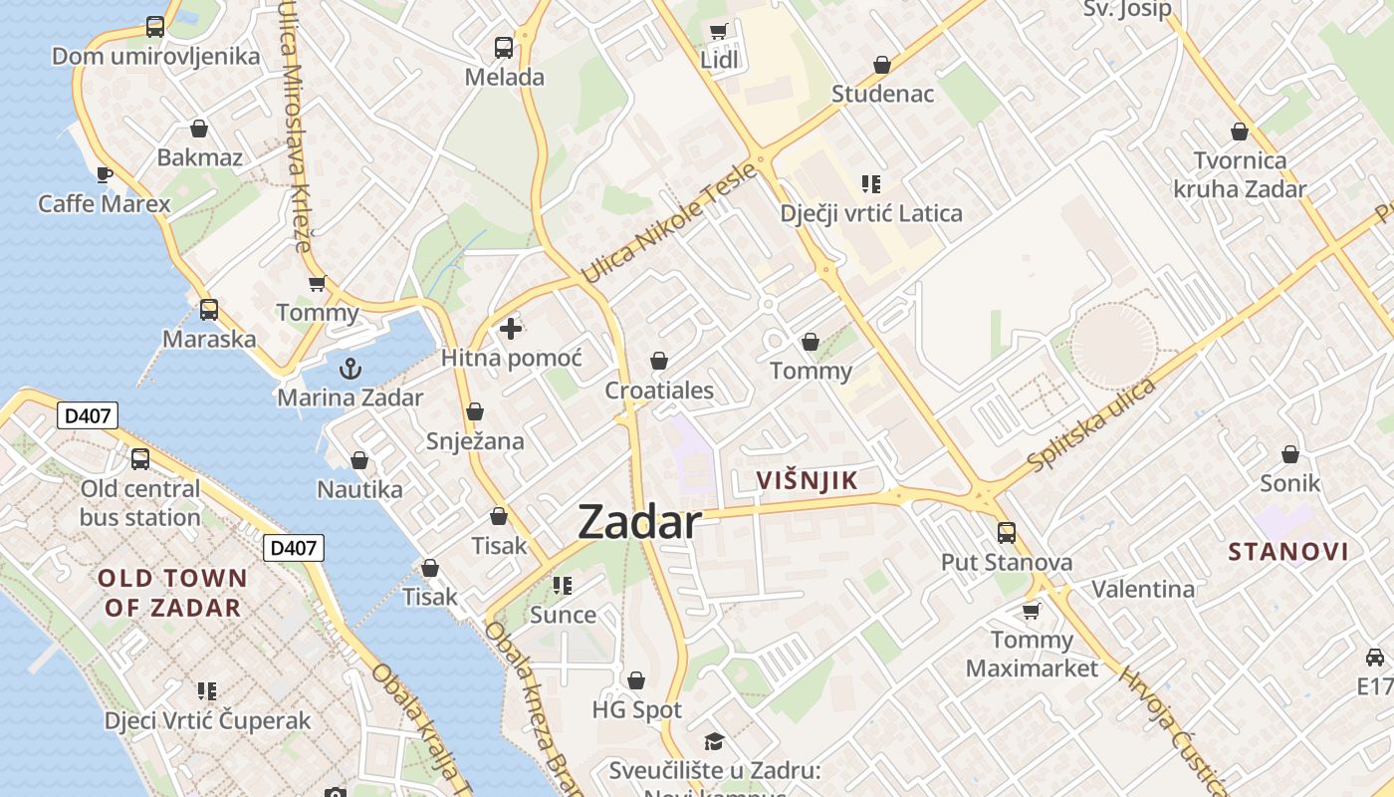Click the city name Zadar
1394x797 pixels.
click(x=639, y=522)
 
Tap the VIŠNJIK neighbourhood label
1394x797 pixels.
click(x=807, y=481)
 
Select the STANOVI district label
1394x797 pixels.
click(x=1288, y=552)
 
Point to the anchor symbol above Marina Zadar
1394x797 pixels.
click(x=349, y=370)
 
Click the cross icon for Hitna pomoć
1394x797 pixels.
click(x=511, y=328)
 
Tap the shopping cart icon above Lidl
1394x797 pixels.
click(x=719, y=31)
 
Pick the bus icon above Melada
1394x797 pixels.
click(x=504, y=47)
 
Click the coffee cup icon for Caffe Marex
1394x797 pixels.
click(x=105, y=175)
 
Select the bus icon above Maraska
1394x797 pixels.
click(x=208, y=310)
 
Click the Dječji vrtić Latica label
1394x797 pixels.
click(x=871, y=213)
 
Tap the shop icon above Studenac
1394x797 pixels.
click(x=882, y=65)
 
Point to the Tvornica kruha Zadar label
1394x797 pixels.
click(x=1240, y=174)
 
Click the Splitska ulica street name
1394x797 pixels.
click(x=1092, y=423)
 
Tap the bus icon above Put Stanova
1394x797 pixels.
click(x=1007, y=533)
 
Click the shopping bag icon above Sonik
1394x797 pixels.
click(x=1290, y=454)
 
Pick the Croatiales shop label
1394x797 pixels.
click(x=659, y=390)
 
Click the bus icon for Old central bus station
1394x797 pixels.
click(x=140, y=459)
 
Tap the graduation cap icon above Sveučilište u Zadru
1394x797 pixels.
click(x=714, y=741)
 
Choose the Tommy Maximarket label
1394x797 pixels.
click(x=1032, y=654)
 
